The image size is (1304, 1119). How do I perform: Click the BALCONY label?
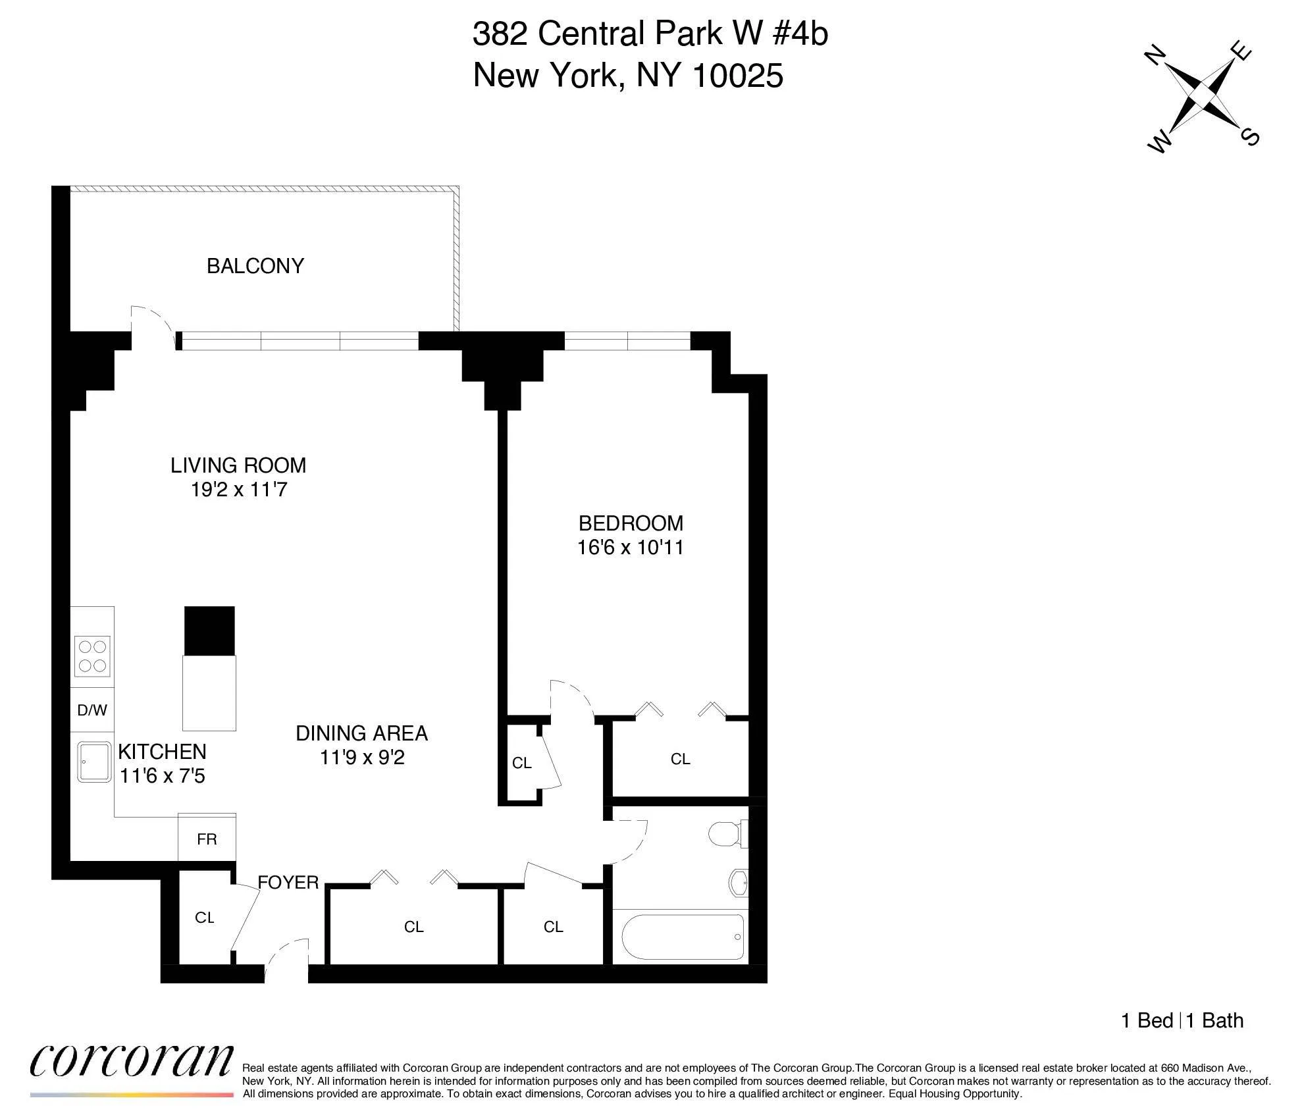(255, 266)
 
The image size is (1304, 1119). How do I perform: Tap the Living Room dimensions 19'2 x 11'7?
(239, 490)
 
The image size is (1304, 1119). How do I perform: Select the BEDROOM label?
(631, 523)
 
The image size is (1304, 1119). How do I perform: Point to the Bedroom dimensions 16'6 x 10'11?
(631, 548)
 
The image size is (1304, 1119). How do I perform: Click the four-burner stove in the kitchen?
(92, 656)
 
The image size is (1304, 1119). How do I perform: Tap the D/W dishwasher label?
(92, 710)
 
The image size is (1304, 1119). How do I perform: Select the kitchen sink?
(94, 762)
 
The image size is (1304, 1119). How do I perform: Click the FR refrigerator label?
(207, 839)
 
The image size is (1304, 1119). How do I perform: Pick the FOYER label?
(288, 883)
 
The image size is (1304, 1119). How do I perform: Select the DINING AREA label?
(361, 733)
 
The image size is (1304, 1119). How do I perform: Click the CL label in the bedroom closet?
(680, 759)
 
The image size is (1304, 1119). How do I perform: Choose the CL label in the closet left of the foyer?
(205, 918)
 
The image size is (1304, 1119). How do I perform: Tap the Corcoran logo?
(132, 1062)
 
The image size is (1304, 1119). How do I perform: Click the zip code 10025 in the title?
(738, 76)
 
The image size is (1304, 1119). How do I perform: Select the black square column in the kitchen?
(209, 631)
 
